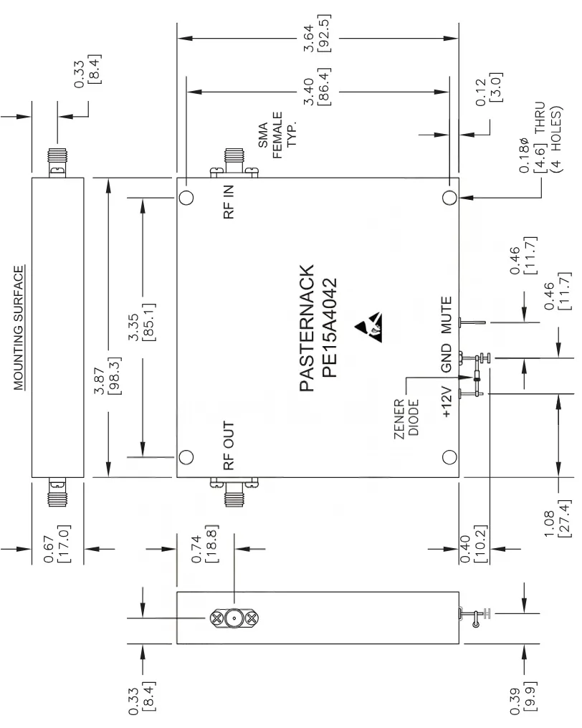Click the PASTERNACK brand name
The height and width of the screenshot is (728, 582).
[x=306, y=328]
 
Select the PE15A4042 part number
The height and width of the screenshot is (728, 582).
[x=330, y=328]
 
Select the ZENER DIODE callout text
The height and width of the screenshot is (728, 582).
[x=407, y=417]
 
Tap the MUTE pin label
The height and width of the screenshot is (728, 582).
[x=447, y=316]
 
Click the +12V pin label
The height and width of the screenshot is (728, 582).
[x=447, y=402]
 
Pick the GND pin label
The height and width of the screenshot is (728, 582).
[x=447, y=358]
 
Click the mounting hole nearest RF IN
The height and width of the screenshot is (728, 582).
[x=186, y=198]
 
